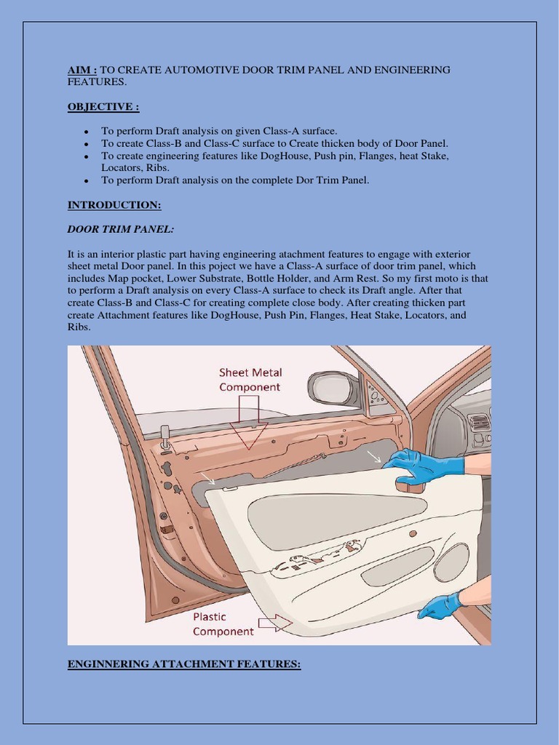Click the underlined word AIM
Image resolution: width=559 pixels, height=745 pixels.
click(x=81, y=70)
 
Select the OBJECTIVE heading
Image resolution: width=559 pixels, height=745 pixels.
click(x=103, y=107)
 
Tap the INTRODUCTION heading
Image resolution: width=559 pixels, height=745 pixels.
click(x=114, y=205)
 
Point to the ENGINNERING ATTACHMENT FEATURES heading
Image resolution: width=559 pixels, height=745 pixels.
click(x=183, y=664)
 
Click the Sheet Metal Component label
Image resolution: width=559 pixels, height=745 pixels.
click(x=250, y=380)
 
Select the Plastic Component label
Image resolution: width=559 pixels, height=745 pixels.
click(x=223, y=624)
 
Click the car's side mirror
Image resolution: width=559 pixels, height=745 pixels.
click(x=333, y=388)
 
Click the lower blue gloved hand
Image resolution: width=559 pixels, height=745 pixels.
click(x=441, y=605)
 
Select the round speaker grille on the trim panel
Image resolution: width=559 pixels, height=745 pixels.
click(x=451, y=562)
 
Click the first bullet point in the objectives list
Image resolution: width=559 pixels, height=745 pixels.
click(x=86, y=132)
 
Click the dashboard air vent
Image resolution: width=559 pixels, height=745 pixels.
click(x=478, y=423)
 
